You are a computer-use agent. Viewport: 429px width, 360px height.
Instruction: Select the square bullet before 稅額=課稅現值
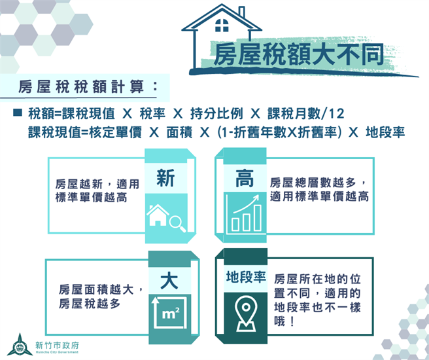coord(18,113)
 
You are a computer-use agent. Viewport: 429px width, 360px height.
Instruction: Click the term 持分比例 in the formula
coord(214,113)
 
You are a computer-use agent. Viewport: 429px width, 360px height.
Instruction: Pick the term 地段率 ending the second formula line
coord(386,132)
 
